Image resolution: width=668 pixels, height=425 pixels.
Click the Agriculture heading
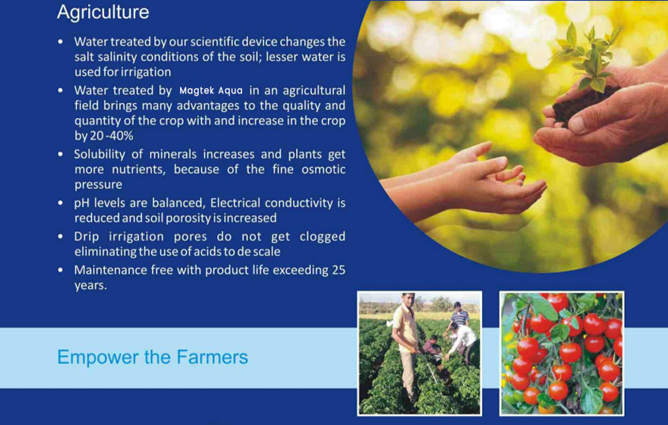[x=103, y=13]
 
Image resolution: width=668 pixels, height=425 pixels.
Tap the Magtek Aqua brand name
[x=211, y=90]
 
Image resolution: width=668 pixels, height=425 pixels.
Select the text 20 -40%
[x=111, y=136]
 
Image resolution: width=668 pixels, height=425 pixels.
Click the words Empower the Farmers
[x=152, y=357]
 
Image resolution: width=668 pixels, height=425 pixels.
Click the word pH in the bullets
[x=81, y=203]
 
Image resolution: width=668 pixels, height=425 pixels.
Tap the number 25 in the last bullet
[x=338, y=270]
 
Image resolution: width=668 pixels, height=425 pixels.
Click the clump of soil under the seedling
[x=584, y=102]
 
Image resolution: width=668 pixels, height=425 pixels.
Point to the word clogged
[x=323, y=237]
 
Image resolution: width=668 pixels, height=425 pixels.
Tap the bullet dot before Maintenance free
[x=61, y=270]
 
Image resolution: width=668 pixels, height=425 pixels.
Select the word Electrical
[x=235, y=202]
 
